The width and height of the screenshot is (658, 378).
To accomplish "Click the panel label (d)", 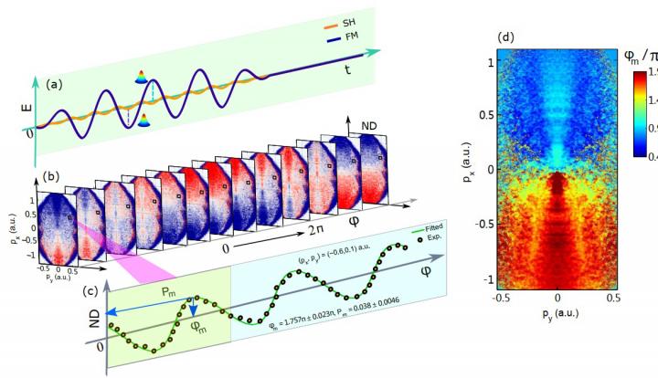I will [506, 37].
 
